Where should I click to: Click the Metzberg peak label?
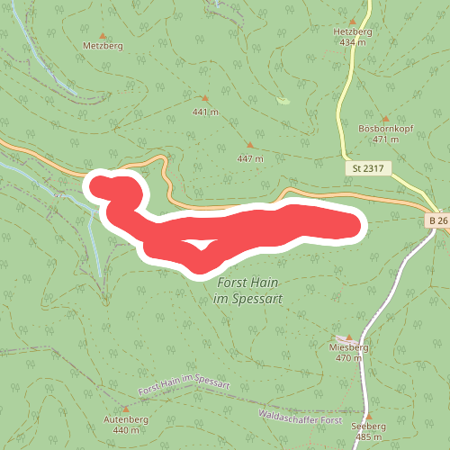pyautogui.click(x=102, y=44)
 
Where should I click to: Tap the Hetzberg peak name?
pyautogui.click(x=352, y=31)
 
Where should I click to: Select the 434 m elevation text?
pyautogui.click(x=352, y=41)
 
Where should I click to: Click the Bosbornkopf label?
pyautogui.click(x=384, y=129)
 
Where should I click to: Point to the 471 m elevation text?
pyautogui.click(x=384, y=139)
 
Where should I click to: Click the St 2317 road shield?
pyautogui.click(x=367, y=168)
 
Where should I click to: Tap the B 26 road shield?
pyautogui.click(x=437, y=220)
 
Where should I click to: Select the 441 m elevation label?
pyautogui.click(x=205, y=112)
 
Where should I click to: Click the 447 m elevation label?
pyautogui.click(x=250, y=158)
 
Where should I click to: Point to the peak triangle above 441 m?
pyautogui.click(x=205, y=98)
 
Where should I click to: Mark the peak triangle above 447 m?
pyautogui.click(x=250, y=145)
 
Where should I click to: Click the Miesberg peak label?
pyautogui.click(x=349, y=347)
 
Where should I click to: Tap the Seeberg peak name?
pyautogui.click(x=370, y=427)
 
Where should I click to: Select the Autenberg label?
pyautogui.click(x=126, y=420)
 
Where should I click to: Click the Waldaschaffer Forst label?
pyautogui.click(x=300, y=418)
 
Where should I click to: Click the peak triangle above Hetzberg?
pyautogui.click(x=352, y=19)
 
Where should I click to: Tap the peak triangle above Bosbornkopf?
pyautogui.click(x=384, y=117)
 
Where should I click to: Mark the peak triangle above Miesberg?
pyautogui.click(x=349, y=337)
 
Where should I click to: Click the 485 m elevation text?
pyautogui.click(x=370, y=437)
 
